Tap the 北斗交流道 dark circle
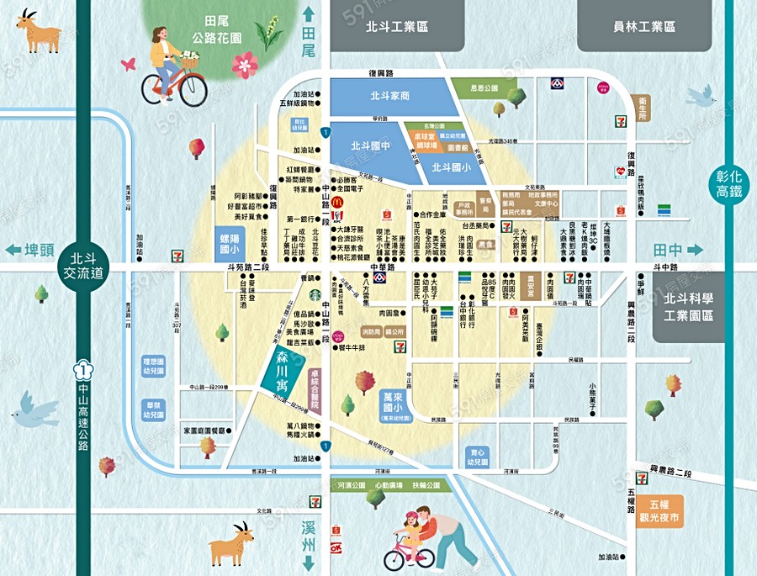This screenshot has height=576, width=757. (83, 265)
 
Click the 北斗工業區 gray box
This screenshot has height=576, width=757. (398, 27)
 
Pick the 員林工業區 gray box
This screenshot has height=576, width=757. (643, 27)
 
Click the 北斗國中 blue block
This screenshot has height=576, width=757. (368, 147)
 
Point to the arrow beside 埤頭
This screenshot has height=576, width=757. (13, 250)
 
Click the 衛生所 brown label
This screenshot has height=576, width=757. (641, 109)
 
